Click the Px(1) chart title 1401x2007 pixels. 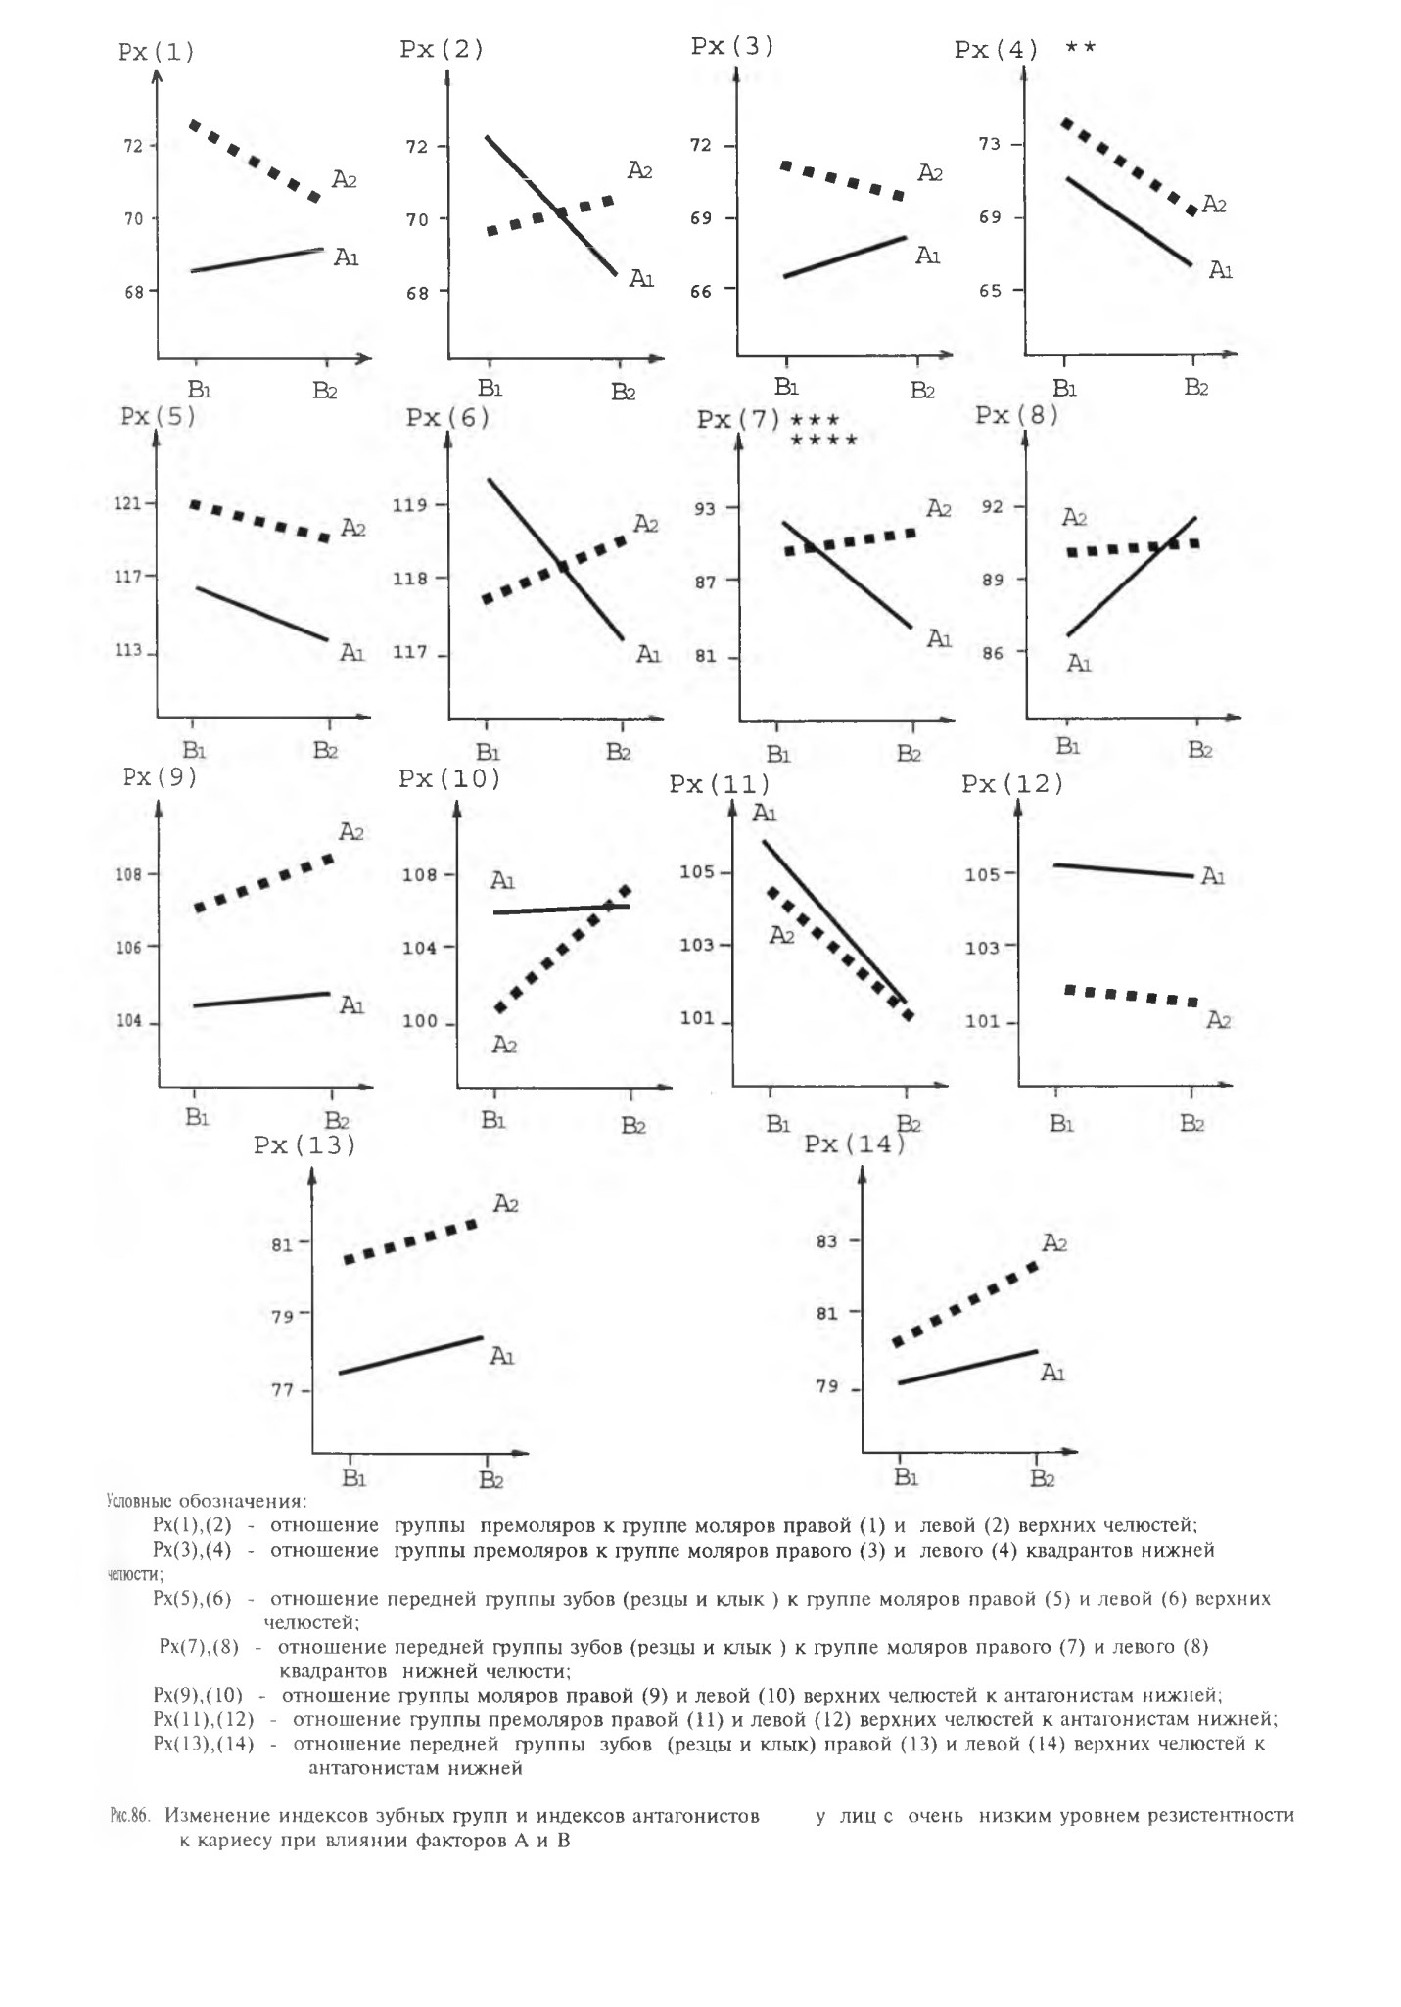coord(157,52)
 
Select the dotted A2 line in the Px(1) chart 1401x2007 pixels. coord(256,162)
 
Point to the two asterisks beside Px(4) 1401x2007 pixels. coord(1081,47)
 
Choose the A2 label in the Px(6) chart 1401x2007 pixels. coord(645,525)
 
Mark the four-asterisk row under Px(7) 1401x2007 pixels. coord(823,441)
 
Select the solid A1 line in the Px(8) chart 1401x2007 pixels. coord(1131,577)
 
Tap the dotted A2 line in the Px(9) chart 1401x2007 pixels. coord(264,882)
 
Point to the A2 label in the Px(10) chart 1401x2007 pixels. coord(504,1046)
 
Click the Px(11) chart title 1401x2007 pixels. coord(720,785)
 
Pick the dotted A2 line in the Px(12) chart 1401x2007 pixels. coord(1132,996)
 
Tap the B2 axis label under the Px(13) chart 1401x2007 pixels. coord(490,1479)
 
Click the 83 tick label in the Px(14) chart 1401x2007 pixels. coord(826,1241)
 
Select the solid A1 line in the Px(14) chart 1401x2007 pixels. coord(967,1367)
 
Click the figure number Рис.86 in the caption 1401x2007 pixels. coord(128,1816)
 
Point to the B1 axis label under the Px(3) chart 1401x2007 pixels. coord(787,386)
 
